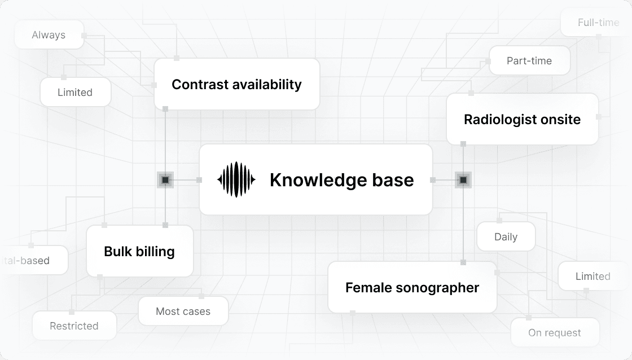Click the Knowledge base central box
316,179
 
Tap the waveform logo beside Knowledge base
236,180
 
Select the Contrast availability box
236,85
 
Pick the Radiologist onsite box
522,119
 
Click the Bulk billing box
139,251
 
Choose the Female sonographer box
412,287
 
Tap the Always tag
49,35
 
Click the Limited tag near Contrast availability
75,93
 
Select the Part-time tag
529,61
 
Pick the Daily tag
506,237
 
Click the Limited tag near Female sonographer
592,276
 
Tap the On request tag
554,333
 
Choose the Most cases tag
183,311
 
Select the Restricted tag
74,326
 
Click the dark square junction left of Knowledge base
165,180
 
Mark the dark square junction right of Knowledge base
463,180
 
